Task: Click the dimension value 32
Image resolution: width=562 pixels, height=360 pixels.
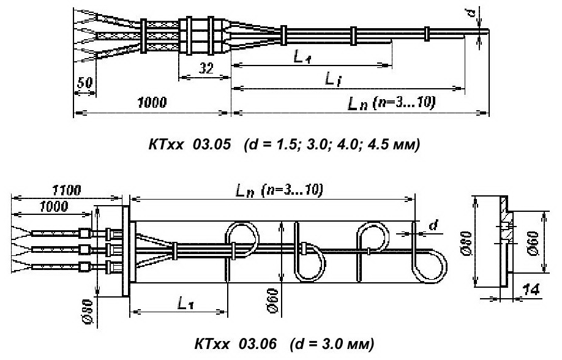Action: point(206,67)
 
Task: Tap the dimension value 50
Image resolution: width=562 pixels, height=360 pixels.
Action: point(85,83)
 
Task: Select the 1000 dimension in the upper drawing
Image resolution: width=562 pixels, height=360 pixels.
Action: point(152,102)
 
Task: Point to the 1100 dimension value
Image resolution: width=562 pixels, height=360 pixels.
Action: point(67,190)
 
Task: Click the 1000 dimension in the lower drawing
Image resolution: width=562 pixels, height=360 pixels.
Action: point(53,206)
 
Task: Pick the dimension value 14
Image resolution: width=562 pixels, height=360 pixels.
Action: point(530,290)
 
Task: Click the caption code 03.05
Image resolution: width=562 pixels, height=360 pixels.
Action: point(212,144)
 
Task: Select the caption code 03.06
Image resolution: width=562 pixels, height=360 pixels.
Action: point(258,344)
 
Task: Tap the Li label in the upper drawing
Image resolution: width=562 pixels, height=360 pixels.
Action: point(332,78)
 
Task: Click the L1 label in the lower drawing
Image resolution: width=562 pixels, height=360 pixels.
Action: point(185,304)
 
